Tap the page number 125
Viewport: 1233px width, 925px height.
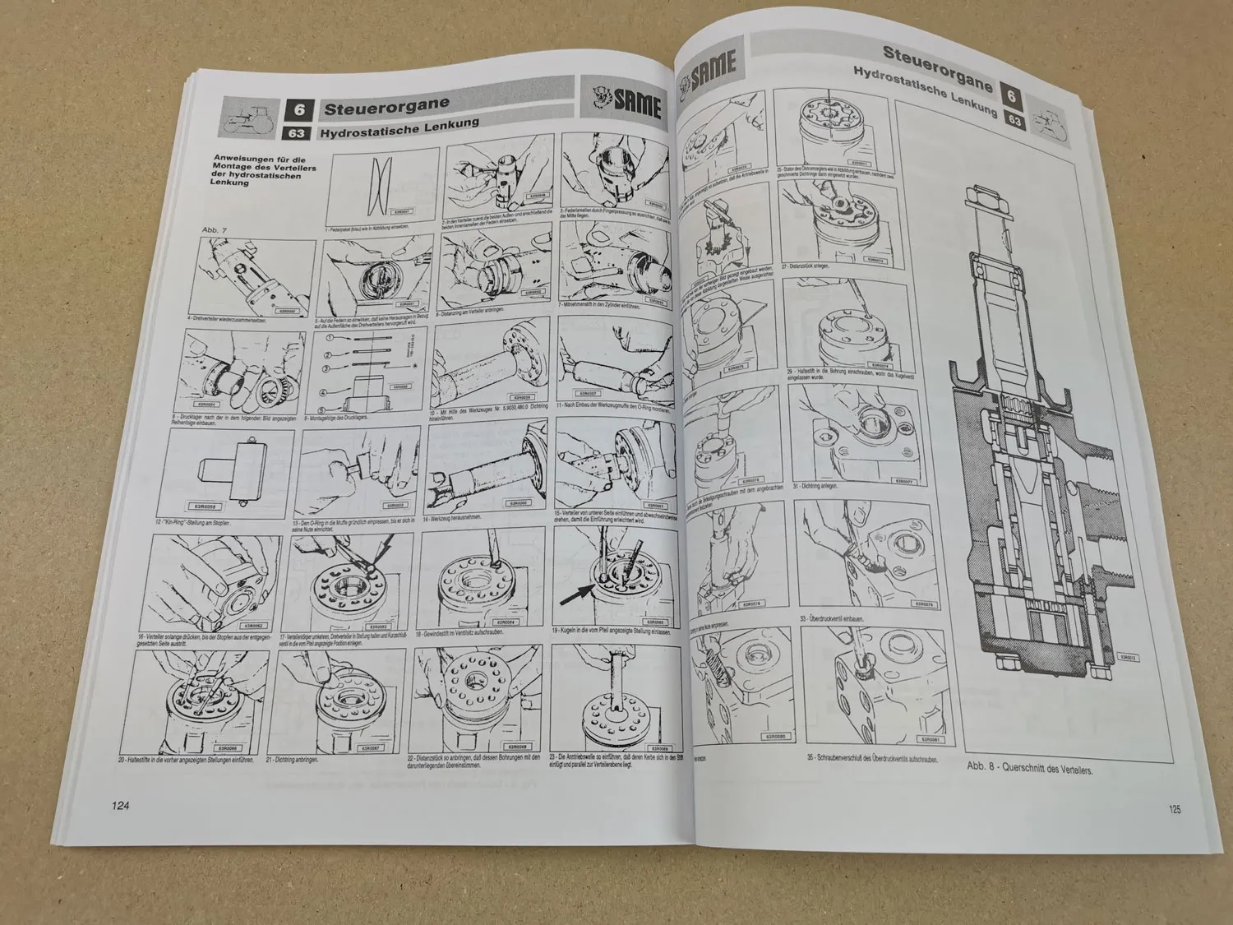[1174, 809]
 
